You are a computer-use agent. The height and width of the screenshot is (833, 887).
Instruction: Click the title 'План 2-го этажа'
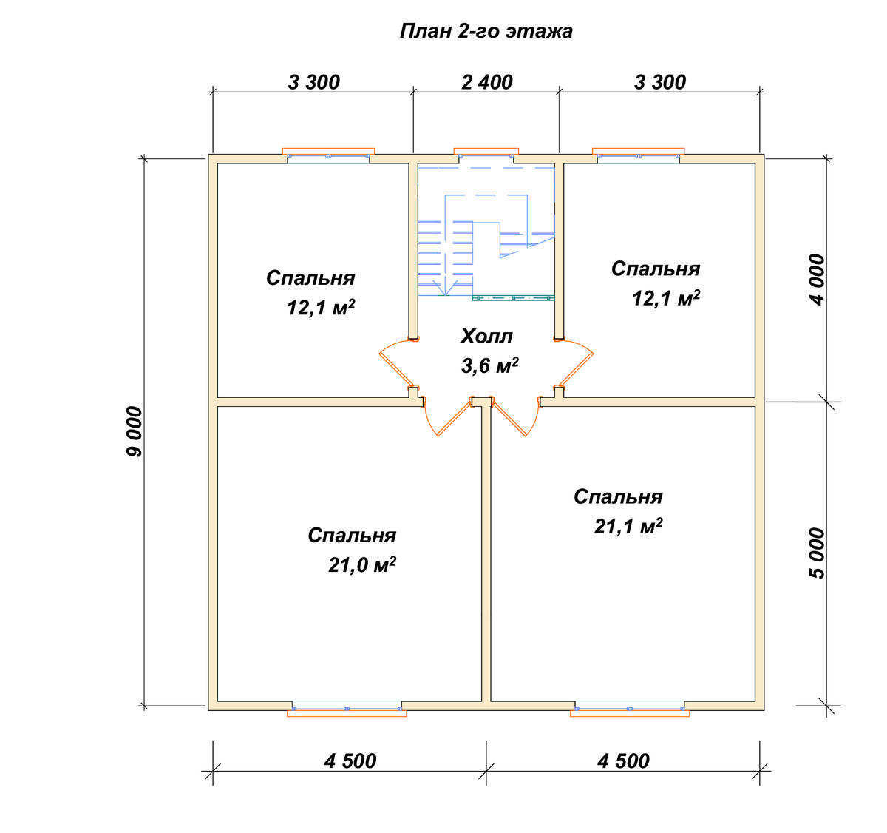(x=486, y=32)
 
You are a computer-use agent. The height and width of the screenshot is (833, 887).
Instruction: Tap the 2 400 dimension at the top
(x=486, y=82)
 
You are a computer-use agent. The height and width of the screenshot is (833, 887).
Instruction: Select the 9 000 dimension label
(x=135, y=431)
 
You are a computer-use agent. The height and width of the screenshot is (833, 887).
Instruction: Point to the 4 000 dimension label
(x=817, y=280)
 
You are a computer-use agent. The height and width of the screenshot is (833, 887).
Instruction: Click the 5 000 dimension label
(x=817, y=553)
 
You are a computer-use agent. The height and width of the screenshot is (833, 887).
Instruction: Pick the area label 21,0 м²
(x=361, y=565)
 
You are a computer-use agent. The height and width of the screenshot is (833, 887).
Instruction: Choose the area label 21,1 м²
(x=628, y=526)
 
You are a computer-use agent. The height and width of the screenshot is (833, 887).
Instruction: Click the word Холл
(x=486, y=337)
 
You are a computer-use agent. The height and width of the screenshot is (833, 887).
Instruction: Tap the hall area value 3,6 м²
(x=489, y=365)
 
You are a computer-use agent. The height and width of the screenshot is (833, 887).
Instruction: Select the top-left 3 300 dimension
(x=313, y=82)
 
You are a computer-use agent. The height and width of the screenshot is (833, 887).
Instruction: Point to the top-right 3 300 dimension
(x=659, y=82)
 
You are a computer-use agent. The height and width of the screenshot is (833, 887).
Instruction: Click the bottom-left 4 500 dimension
(x=350, y=761)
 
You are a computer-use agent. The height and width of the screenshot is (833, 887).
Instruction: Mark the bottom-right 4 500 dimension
(x=624, y=761)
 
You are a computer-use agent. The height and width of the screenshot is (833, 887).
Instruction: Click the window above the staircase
(x=486, y=152)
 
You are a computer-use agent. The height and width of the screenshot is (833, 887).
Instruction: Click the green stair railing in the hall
(x=514, y=298)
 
